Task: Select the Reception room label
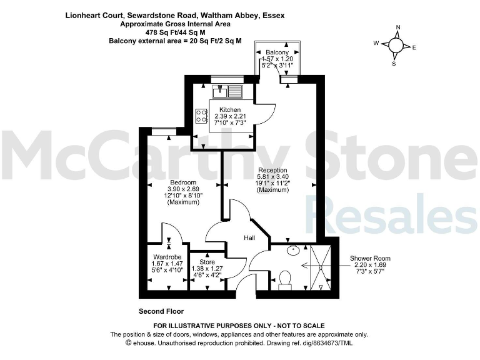point(272,170)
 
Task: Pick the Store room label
point(207,262)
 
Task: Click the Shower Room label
point(370,258)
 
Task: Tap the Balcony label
point(277,52)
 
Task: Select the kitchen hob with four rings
point(202,116)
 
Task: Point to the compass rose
point(396,46)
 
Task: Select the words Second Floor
point(161,311)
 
